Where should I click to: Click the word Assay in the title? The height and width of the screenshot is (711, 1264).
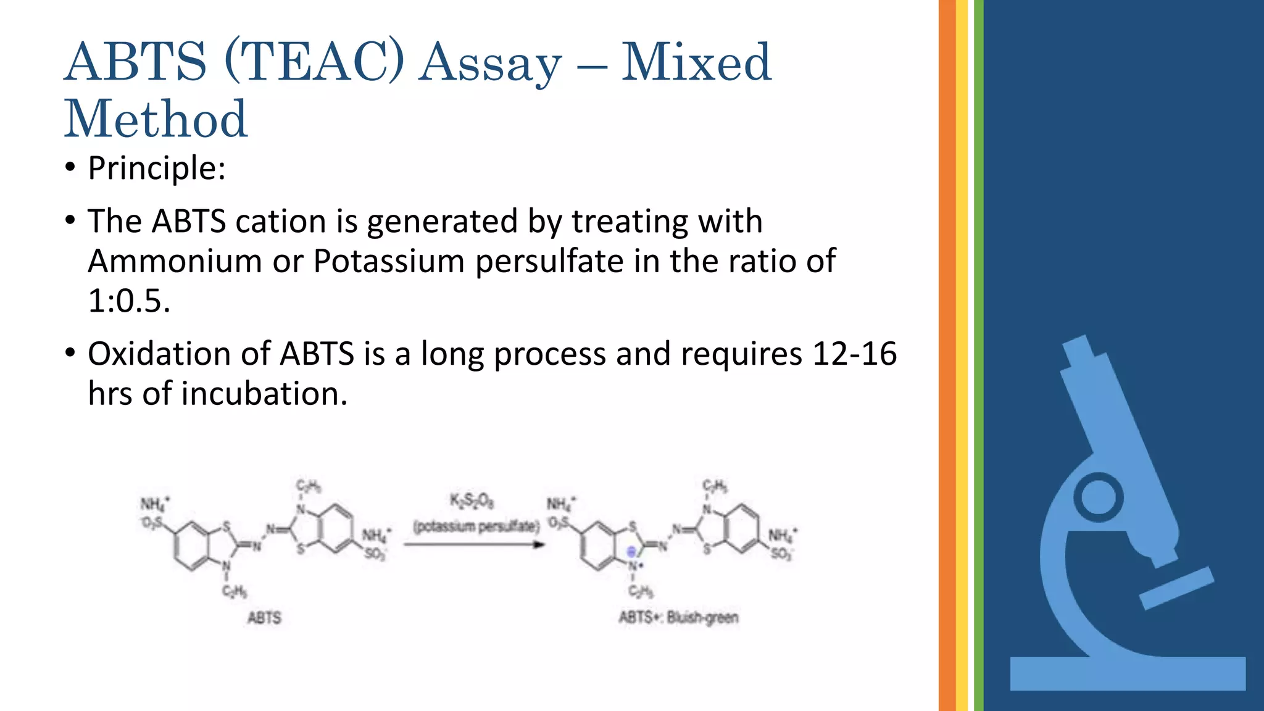[491, 63]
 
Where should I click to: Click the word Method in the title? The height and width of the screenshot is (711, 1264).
[156, 119]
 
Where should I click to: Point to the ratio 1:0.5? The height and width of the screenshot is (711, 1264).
[128, 301]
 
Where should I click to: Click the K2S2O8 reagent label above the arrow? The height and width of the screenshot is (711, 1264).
[472, 501]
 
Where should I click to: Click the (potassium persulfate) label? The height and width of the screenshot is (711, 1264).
[476, 526]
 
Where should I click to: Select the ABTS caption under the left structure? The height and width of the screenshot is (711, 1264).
[264, 618]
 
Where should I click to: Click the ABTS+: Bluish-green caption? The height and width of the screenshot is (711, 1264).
[678, 617]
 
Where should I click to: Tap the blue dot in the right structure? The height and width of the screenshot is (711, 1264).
[631, 552]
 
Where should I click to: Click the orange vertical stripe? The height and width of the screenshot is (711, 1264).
[947, 355]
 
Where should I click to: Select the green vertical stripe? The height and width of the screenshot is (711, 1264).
[979, 355]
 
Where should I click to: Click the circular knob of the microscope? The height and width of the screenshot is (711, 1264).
[1098, 497]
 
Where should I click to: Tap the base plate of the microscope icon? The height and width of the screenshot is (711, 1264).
[1128, 673]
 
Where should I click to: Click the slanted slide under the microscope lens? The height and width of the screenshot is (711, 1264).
[1176, 588]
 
